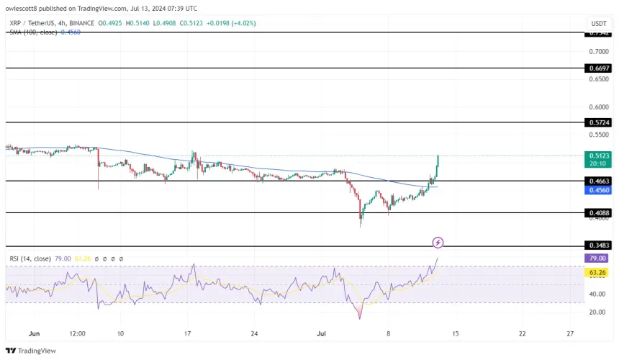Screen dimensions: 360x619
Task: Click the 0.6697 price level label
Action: [x=599, y=68]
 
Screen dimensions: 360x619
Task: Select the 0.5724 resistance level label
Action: [x=599, y=123]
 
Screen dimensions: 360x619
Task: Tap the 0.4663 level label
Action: [x=599, y=182]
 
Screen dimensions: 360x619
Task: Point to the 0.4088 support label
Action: [x=599, y=213]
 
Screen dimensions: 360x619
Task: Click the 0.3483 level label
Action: [x=599, y=247]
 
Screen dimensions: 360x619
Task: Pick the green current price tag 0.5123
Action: [x=599, y=156]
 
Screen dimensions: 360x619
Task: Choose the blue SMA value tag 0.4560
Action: [x=599, y=192]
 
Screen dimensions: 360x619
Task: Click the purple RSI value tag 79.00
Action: [x=599, y=258]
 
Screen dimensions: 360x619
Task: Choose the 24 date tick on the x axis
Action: [x=253, y=334]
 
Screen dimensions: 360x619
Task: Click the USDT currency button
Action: [x=599, y=22]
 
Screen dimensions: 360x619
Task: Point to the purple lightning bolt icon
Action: [x=438, y=243]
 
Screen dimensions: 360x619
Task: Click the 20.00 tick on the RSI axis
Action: [x=596, y=312]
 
